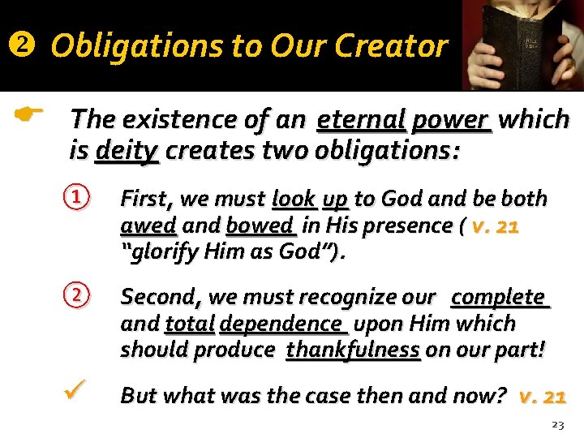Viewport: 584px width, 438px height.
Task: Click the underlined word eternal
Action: [x=360, y=120]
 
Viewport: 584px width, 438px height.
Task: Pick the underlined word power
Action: [x=451, y=120]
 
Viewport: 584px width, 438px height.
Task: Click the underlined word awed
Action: [x=148, y=225]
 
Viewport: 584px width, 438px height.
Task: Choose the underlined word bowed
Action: [x=260, y=225]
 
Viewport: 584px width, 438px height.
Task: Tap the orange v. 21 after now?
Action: [x=542, y=396]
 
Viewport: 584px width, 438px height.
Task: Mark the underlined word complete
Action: [x=499, y=298]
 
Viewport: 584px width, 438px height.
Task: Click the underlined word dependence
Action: [x=282, y=324]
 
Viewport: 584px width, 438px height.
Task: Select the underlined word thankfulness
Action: [x=353, y=350]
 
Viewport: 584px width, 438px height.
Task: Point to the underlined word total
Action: [x=189, y=324]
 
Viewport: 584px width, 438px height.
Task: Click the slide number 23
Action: [x=557, y=423]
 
